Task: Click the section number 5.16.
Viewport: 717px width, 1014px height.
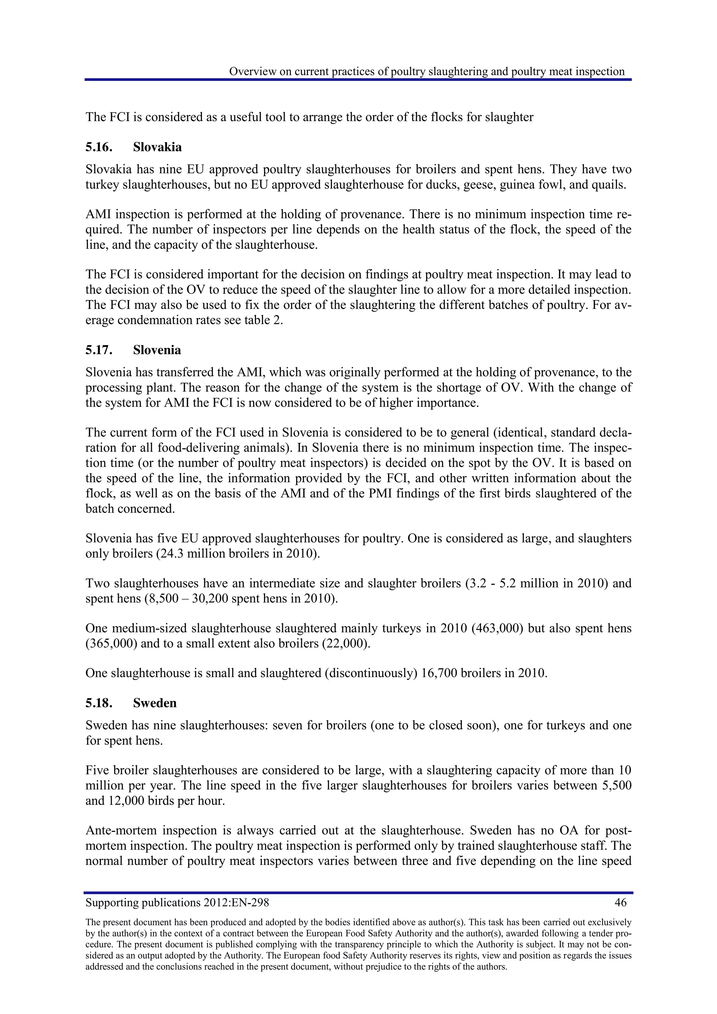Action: pos(99,147)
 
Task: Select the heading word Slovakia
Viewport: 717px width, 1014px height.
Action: pos(157,147)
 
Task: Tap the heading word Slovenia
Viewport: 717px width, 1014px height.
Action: pos(157,350)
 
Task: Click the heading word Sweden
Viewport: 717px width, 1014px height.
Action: pos(154,703)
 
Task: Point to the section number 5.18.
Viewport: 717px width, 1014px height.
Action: pos(99,703)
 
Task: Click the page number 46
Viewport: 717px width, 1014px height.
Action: pos(620,902)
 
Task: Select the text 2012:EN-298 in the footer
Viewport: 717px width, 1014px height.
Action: pos(236,902)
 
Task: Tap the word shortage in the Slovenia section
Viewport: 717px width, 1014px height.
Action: pos(468,388)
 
